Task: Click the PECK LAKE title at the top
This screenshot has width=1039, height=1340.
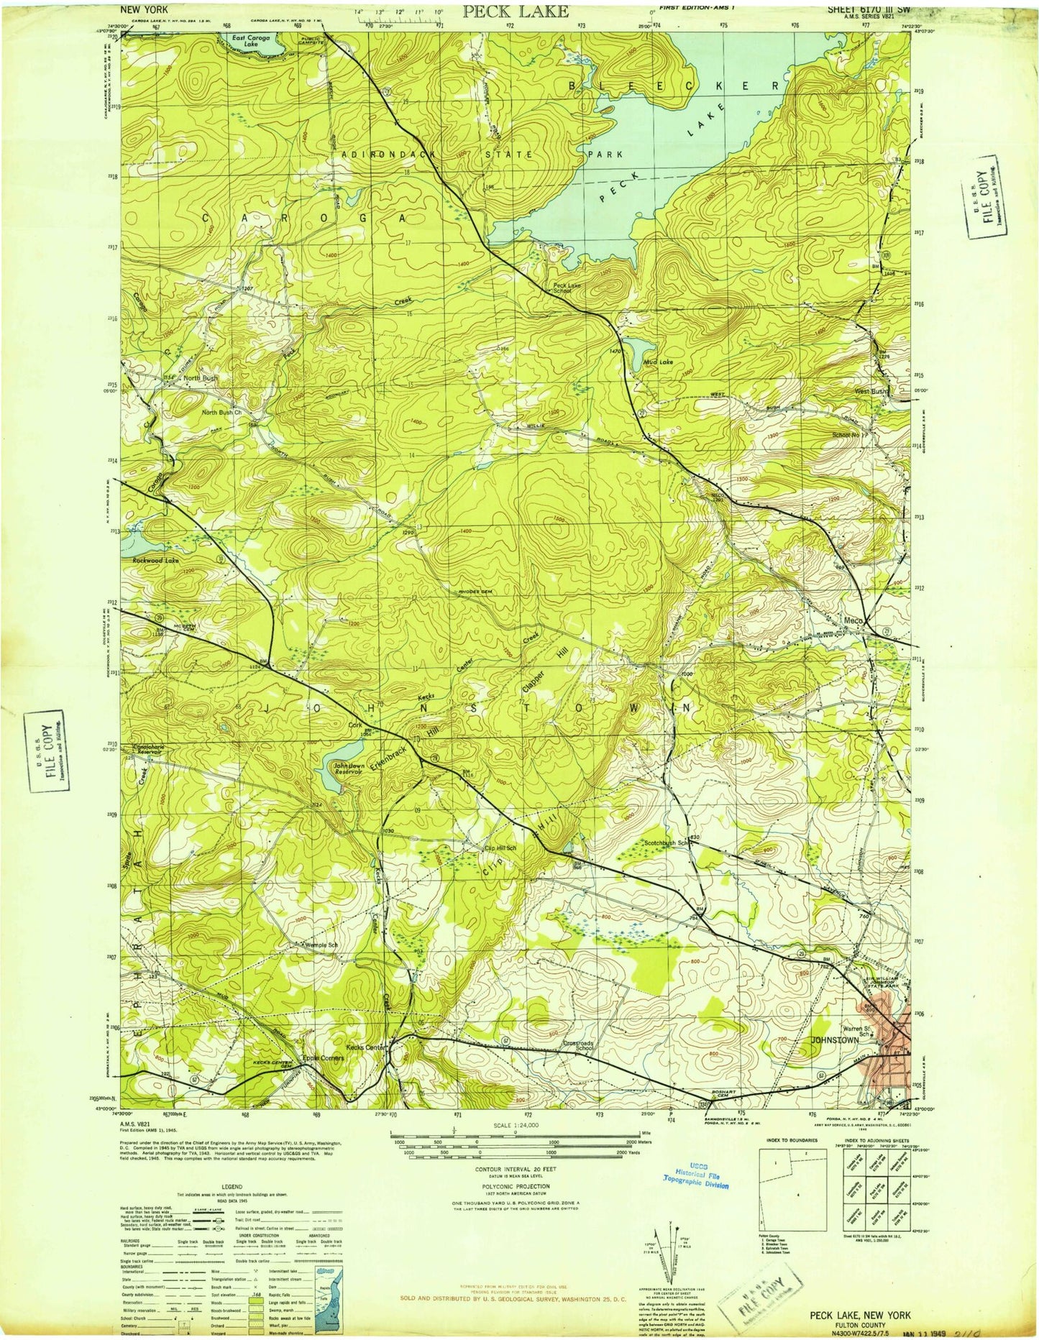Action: click(515, 11)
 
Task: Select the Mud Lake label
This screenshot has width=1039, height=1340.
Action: click(657, 362)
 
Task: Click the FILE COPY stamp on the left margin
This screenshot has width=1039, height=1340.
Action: click(48, 751)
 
